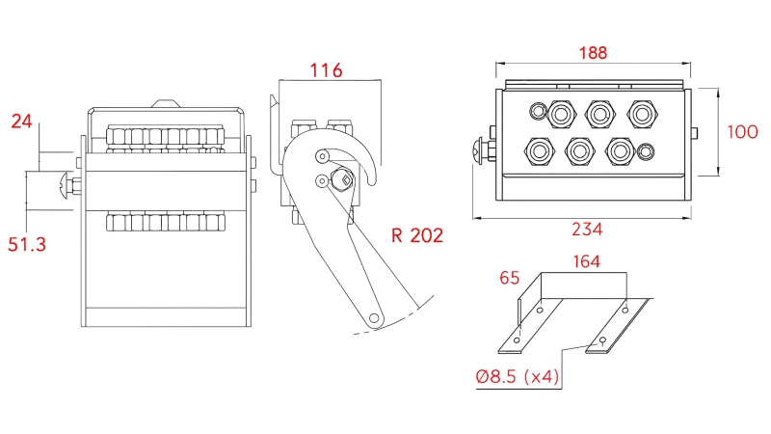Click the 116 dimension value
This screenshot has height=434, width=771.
[327, 69]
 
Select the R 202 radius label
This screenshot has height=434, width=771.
[417, 235]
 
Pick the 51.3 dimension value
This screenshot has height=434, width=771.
[27, 245]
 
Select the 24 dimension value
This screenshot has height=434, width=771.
[21, 121]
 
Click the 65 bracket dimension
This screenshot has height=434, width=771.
[510, 279]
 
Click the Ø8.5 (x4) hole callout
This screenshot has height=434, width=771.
[518, 376]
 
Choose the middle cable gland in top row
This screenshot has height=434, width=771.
[599, 114]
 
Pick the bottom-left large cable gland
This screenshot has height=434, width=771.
[538, 150]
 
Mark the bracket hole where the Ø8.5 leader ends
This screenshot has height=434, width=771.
[603, 340]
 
